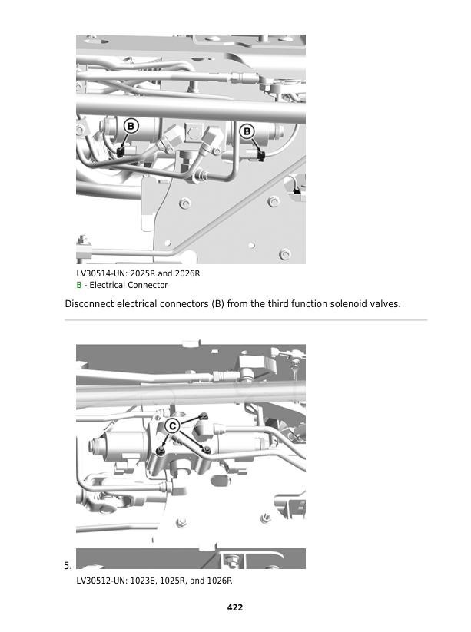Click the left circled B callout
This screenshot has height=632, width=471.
pos(131,126)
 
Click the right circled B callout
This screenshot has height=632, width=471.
pos(247,131)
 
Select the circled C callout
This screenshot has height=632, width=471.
pos(172,425)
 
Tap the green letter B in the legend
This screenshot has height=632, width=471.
pos(79,285)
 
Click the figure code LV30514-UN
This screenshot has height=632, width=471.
pos(101,273)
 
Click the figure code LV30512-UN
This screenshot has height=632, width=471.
pos(101,581)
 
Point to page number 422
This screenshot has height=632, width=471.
pos(235,607)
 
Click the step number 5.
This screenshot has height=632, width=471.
pos(68,566)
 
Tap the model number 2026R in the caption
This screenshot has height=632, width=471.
pos(187,273)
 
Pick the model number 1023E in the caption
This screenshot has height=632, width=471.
pos(144,581)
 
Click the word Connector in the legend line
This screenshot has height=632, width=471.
pos(149,285)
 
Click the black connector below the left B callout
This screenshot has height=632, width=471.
pos(120,152)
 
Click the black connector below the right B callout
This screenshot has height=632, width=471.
pos(261,156)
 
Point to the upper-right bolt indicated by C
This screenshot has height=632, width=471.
pos(204,415)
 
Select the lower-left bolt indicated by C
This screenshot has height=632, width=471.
pos(161,450)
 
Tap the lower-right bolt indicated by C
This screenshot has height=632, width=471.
pos(207,449)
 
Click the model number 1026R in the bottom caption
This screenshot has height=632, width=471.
pos(220,581)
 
